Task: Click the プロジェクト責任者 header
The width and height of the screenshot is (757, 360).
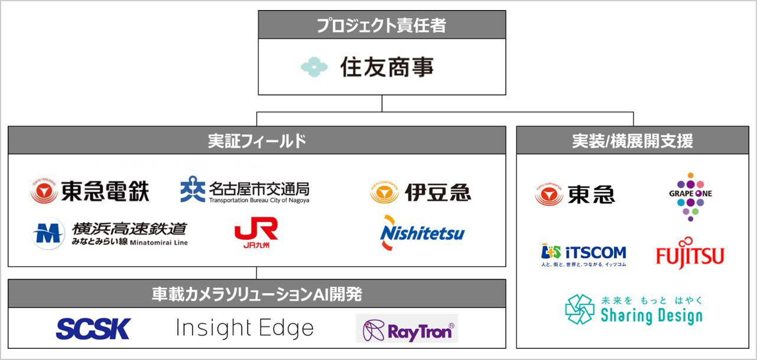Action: (x=381, y=25)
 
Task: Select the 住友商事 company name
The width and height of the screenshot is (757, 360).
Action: (x=387, y=67)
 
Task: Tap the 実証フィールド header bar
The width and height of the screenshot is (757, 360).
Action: (x=257, y=141)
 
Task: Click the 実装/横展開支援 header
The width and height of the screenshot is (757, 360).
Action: (x=633, y=141)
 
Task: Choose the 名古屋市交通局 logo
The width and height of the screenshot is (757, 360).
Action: (x=245, y=190)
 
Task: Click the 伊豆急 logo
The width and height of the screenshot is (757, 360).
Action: (x=420, y=192)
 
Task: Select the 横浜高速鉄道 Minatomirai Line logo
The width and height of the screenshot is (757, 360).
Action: (x=110, y=233)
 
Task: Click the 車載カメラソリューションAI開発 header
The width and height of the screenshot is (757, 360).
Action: (x=257, y=294)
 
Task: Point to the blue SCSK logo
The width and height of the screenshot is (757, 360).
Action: (x=93, y=329)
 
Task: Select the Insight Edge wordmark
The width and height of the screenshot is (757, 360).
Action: (x=245, y=328)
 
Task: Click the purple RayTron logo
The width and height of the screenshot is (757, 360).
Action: (x=407, y=329)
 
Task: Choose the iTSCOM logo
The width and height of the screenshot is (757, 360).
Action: (x=583, y=255)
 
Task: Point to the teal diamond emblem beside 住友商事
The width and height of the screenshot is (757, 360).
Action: (x=314, y=67)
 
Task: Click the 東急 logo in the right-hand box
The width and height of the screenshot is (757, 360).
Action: (x=575, y=194)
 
